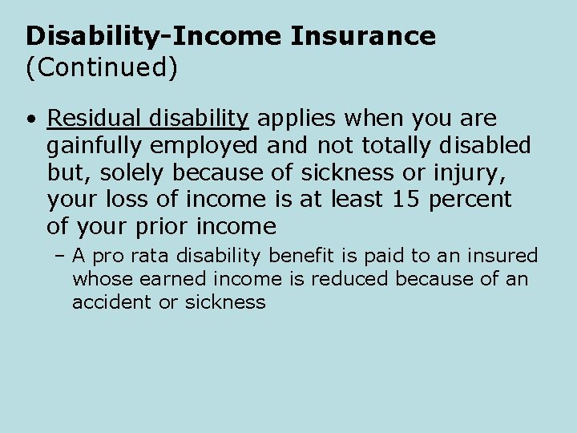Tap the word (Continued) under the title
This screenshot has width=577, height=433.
tap(101, 67)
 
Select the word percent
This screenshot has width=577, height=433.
tap(470, 199)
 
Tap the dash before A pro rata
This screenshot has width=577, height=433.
tap(60, 257)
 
